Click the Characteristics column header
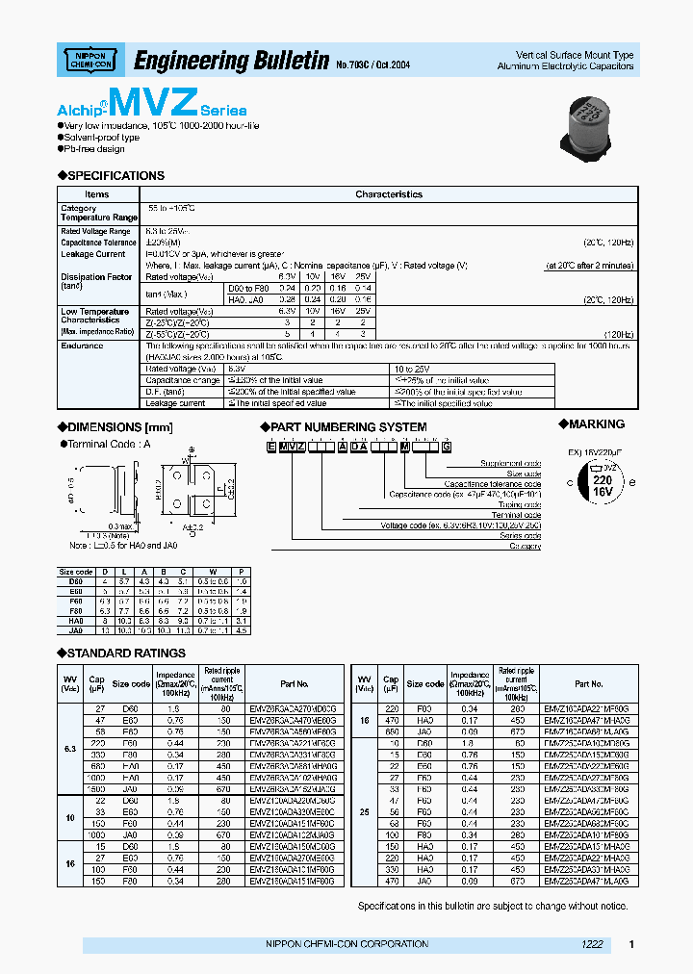(x=388, y=194)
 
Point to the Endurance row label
(x=82, y=346)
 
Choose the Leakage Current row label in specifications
(x=93, y=254)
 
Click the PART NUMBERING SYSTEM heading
(x=347, y=426)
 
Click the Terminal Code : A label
(x=105, y=444)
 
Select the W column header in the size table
(x=213, y=572)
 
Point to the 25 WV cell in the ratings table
(x=364, y=811)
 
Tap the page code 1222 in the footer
(x=592, y=944)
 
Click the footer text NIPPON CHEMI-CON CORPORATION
(x=346, y=944)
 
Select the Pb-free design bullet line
(x=94, y=148)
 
